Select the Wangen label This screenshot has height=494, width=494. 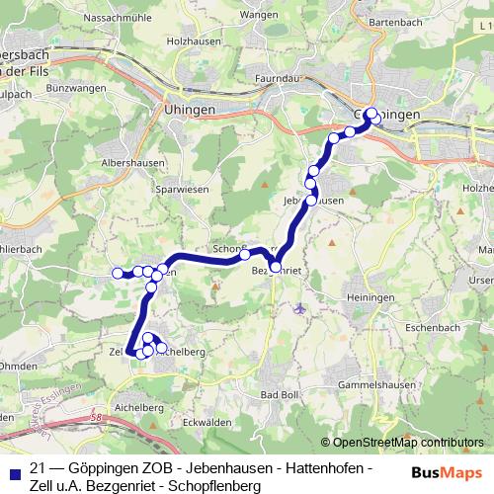click(x=258, y=15)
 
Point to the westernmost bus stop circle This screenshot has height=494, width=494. click(x=118, y=273)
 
